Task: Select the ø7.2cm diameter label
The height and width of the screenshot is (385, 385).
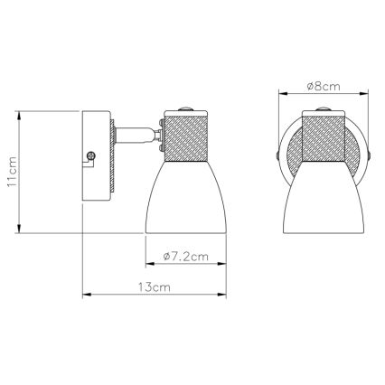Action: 182,257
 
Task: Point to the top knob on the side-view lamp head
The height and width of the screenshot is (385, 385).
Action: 183,108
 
